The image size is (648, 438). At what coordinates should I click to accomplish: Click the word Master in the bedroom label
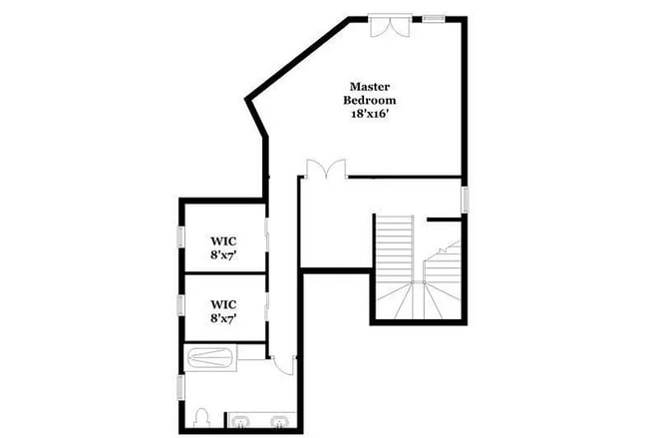368,87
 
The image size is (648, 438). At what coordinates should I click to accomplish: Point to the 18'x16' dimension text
368,114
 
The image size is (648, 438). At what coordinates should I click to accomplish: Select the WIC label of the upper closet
222,240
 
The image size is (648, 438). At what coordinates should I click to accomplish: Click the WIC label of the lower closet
222,304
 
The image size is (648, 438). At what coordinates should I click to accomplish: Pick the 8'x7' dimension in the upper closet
222,255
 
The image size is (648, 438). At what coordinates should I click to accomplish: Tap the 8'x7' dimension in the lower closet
222,319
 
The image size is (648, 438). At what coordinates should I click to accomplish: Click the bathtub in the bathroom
211,355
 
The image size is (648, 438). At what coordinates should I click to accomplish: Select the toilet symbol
202,416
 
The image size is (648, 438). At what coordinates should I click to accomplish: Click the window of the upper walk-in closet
180,236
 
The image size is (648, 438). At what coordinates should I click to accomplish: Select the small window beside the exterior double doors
433,17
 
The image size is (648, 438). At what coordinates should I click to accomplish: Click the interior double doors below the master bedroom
326,170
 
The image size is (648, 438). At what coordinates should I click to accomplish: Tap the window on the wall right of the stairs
465,197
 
